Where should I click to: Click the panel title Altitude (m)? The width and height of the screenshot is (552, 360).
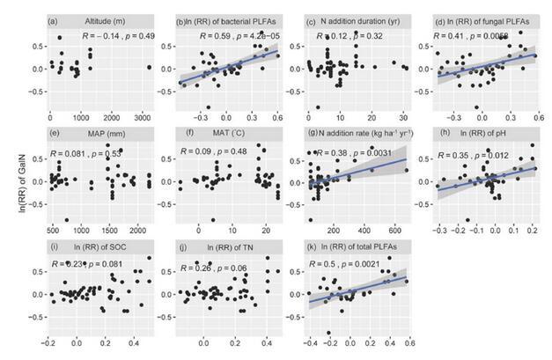pyautogui.click(x=106, y=20)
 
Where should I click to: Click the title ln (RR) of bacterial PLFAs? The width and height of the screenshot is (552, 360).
pyautogui.click(x=231, y=20)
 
